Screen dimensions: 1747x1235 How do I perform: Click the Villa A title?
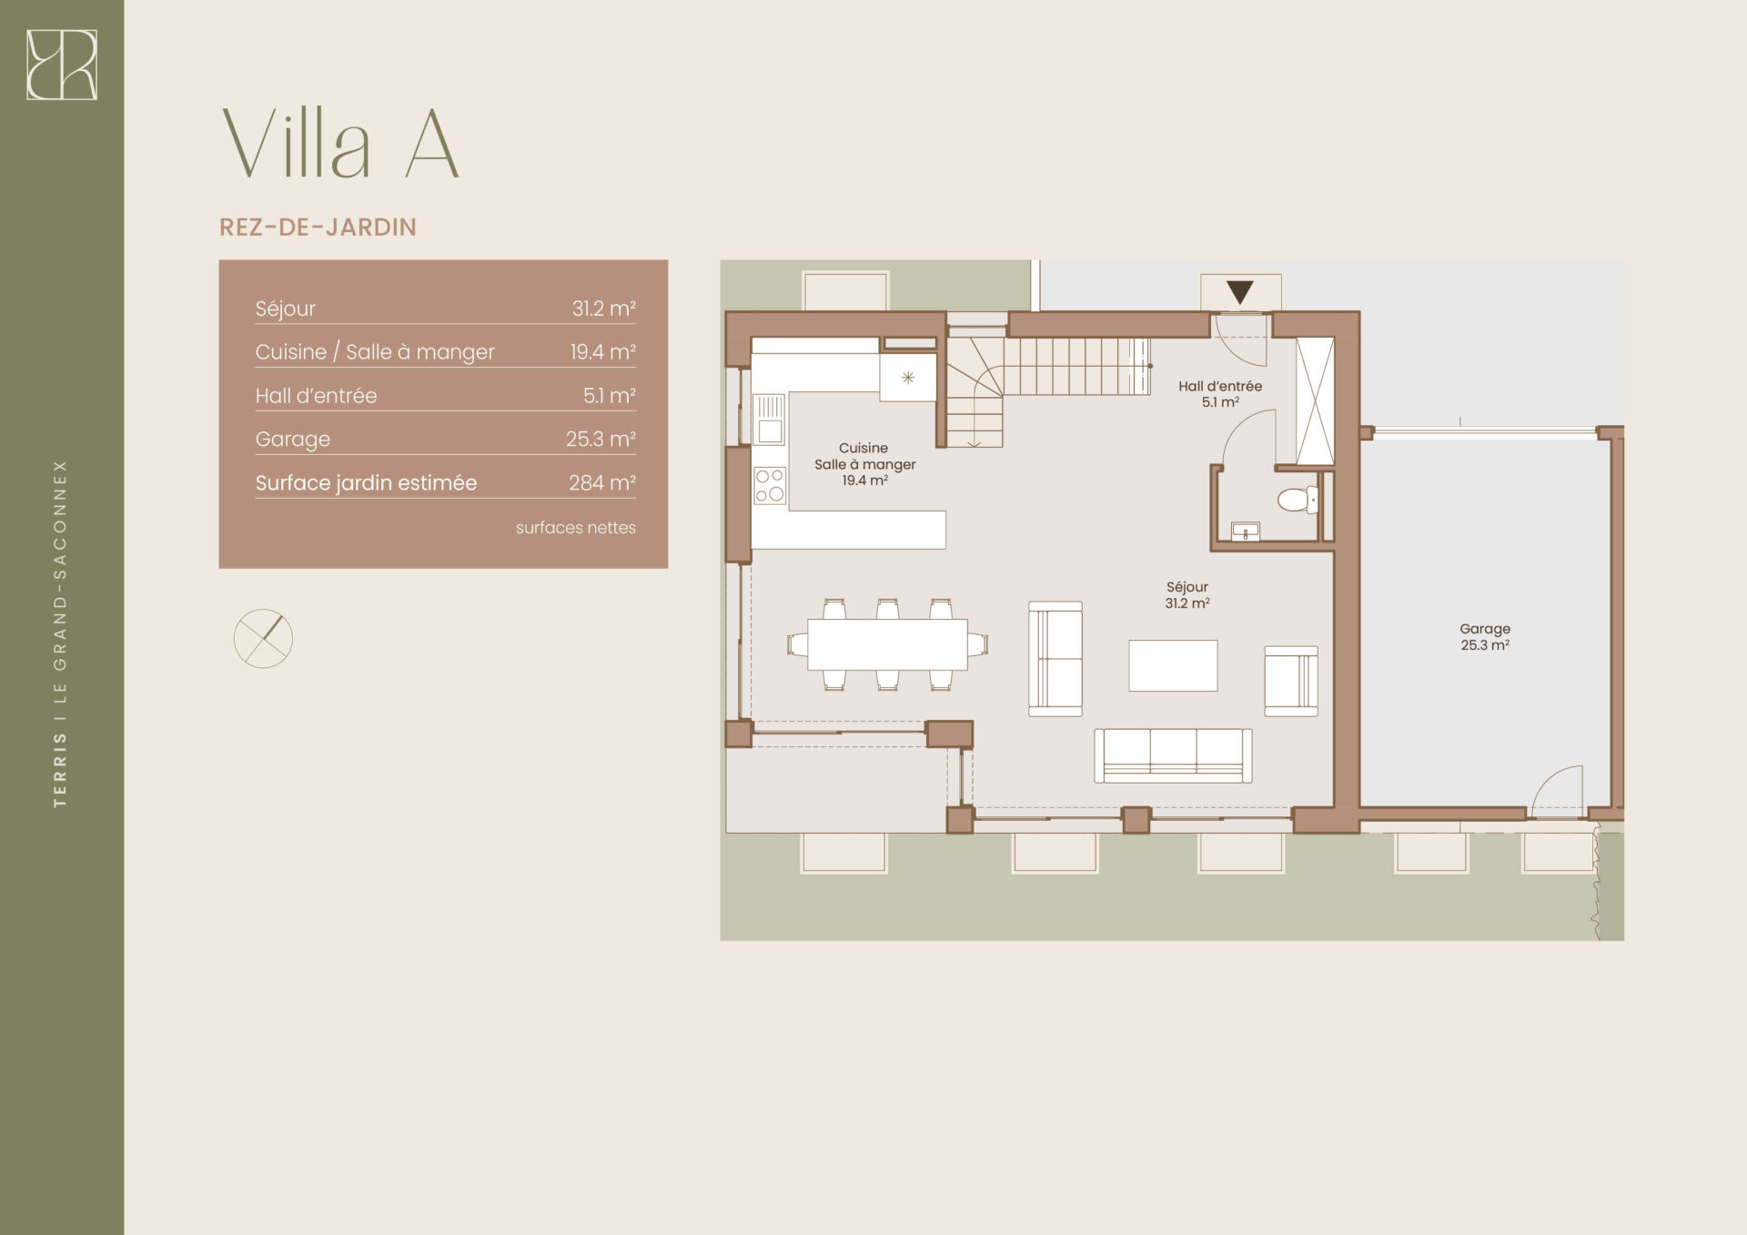click(x=340, y=144)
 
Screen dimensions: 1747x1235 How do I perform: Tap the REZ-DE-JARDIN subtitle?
click(x=318, y=228)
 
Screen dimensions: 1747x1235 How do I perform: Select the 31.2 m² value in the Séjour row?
click(x=603, y=309)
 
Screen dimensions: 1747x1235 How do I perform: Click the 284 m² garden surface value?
click(x=601, y=482)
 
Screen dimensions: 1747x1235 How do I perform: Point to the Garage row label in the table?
click(x=292, y=440)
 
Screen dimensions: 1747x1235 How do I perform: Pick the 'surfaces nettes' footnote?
click(x=576, y=528)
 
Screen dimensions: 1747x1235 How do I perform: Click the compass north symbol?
click(x=263, y=639)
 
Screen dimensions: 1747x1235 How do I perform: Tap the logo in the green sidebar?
click(x=62, y=65)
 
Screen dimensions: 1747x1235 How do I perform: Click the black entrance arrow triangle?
click(x=1240, y=292)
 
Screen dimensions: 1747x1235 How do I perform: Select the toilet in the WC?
click(x=1298, y=499)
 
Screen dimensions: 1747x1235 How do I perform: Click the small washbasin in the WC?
click(x=1245, y=531)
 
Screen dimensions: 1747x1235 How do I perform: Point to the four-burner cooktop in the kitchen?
click(x=770, y=485)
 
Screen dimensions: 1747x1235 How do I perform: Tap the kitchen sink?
click(x=770, y=419)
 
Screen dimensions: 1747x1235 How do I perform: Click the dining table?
click(x=887, y=644)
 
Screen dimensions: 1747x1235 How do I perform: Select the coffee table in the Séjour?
click(x=1173, y=665)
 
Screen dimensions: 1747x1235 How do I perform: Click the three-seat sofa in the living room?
click(x=1173, y=755)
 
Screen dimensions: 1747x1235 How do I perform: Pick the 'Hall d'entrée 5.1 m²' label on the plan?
click(x=1220, y=394)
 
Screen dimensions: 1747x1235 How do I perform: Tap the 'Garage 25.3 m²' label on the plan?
click(x=1485, y=637)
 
